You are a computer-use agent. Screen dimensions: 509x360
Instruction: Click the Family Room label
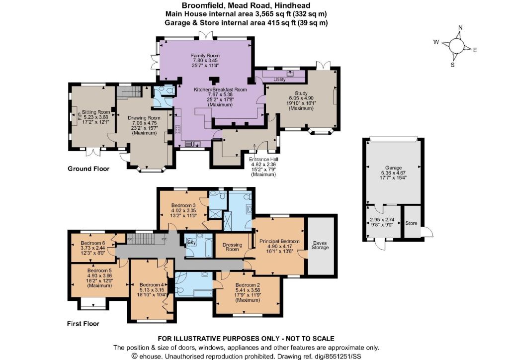(x=205, y=56)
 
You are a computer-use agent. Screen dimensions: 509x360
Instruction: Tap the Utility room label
(x=279, y=80)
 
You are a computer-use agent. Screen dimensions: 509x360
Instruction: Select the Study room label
(x=301, y=93)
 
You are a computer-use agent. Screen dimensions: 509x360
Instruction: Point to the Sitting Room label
(x=96, y=112)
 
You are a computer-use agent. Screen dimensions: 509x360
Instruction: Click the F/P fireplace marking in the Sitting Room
(x=79, y=116)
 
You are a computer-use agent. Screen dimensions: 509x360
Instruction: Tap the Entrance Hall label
(x=263, y=160)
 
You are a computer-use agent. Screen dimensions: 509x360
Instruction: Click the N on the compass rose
(x=460, y=28)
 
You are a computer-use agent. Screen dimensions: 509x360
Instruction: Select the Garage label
(x=394, y=168)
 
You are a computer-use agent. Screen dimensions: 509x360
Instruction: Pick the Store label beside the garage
(x=411, y=223)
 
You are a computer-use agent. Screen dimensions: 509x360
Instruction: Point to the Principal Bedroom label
(x=279, y=241)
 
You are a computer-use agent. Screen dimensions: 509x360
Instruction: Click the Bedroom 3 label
(x=183, y=205)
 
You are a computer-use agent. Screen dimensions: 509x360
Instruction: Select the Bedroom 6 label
(x=93, y=243)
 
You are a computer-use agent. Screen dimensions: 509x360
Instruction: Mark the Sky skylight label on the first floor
(x=192, y=243)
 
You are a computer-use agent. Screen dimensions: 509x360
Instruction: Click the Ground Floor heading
(x=88, y=169)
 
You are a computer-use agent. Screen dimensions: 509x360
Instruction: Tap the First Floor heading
(x=83, y=324)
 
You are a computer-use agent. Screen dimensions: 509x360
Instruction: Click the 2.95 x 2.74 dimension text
(x=382, y=219)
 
